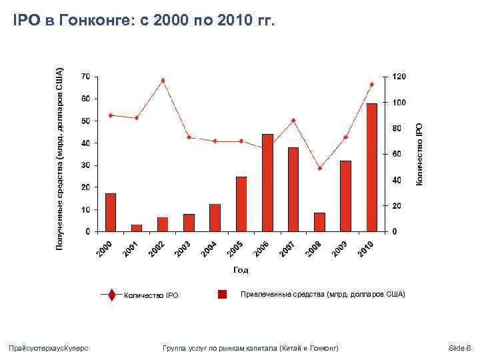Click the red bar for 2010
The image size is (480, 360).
point(371,167)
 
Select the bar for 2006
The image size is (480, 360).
point(267,183)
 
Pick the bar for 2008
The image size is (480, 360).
point(319,222)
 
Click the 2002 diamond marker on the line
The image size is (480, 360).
point(163,81)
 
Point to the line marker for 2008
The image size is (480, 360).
point(319,168)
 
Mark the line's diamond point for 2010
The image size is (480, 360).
point(371,85)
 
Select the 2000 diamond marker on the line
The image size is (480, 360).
point(111,115)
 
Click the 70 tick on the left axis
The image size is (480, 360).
point(86,77)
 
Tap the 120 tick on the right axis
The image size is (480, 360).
point(399,77)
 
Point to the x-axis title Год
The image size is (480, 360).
point(241,270)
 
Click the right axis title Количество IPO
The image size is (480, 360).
point(419,153)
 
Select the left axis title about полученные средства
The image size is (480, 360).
point(59,159)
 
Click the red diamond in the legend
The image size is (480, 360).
point(111,295)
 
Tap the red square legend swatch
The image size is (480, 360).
point(223,294)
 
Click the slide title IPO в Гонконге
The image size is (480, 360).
point(144,21)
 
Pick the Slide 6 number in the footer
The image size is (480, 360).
point(459,348)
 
